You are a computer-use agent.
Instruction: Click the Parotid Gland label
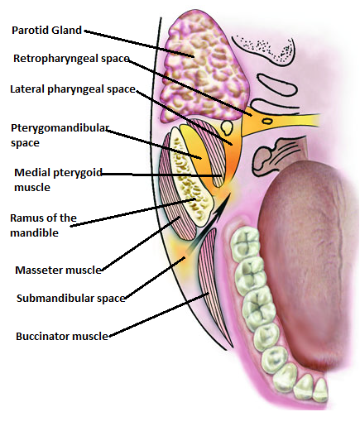[46, 31]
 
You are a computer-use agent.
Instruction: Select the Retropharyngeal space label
[71, 59]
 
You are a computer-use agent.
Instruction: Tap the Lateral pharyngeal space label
[73, 89]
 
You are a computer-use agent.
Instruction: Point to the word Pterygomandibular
[60, 128]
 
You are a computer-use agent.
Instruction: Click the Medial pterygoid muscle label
[58, 180]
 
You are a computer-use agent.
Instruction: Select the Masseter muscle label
[58, 270]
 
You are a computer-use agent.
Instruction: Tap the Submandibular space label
[71, 299]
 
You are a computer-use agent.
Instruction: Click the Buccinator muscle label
[62, 337]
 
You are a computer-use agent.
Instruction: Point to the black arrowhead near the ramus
[222, 204]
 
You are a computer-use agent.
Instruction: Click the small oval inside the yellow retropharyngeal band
[266, 121]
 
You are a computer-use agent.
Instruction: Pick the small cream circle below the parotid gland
[227, 127]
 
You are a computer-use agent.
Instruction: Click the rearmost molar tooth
[245, 243]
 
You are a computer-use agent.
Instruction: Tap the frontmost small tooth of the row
[320, 390]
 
